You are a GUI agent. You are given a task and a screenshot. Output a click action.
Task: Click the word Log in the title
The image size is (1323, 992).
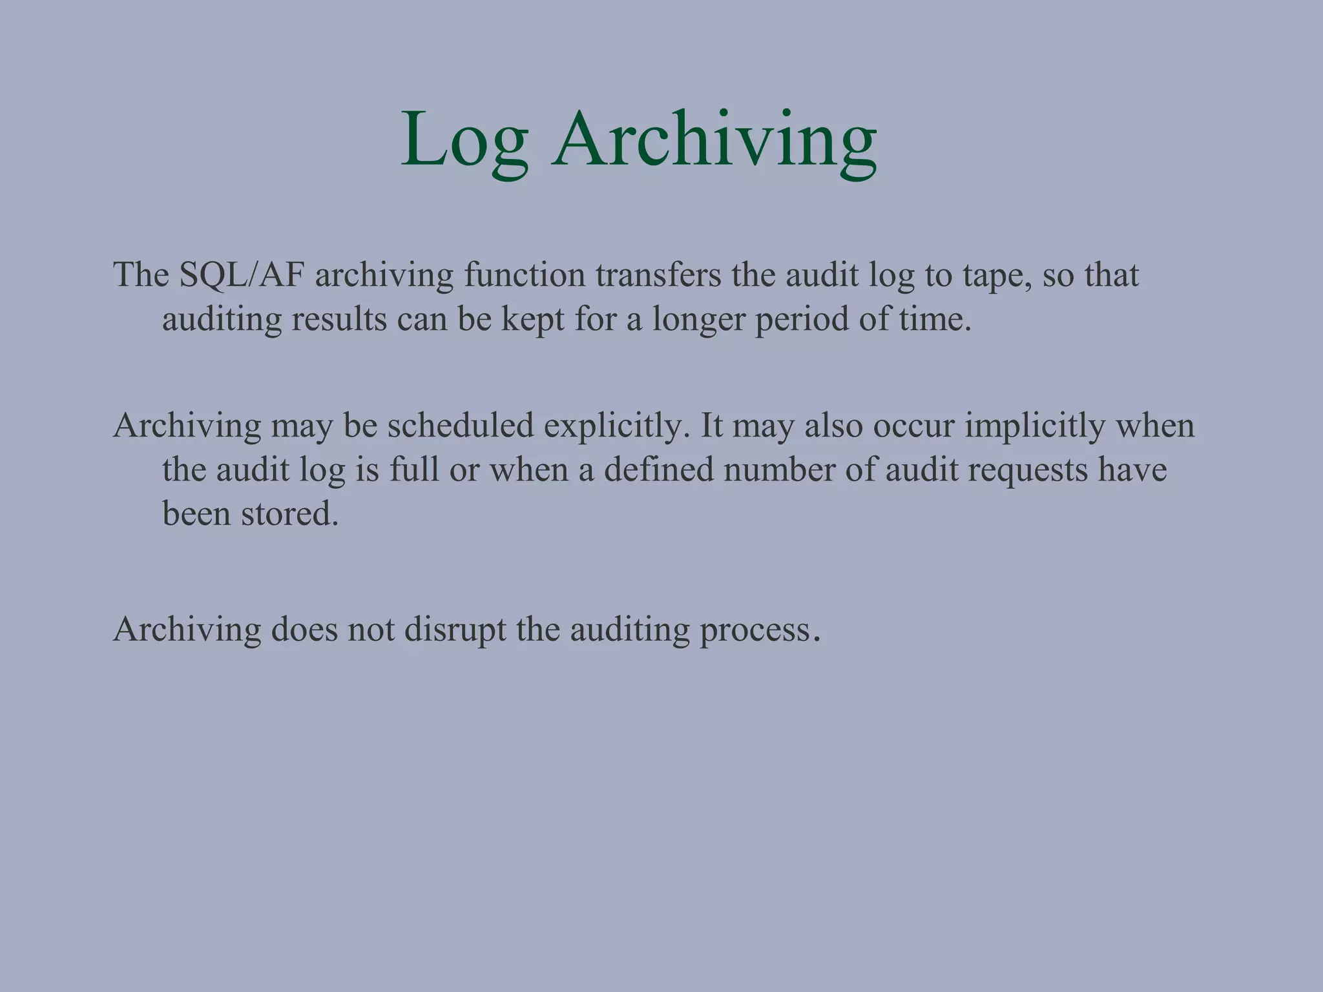(464, 140)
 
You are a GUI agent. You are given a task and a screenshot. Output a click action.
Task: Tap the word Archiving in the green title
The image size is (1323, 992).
(714, 140)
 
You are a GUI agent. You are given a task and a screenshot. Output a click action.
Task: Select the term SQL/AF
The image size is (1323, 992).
(242, 276)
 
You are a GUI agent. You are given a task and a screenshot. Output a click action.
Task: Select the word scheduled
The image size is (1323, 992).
(461, 426)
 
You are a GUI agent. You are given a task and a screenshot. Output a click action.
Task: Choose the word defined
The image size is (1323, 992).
(658, 470)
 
